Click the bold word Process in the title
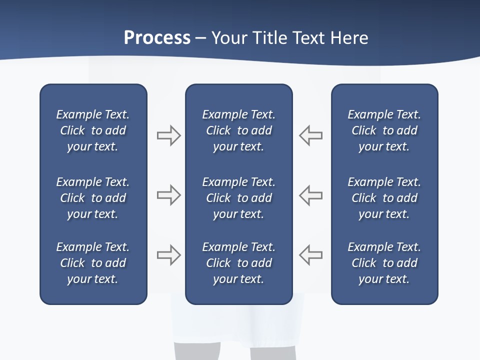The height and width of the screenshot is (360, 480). (157, 38)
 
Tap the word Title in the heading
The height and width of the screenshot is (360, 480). (268, 38)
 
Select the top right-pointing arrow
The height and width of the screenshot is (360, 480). (169, 135)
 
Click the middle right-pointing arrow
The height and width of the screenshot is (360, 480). (169, 195)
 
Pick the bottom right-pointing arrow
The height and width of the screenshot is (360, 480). (169, 255)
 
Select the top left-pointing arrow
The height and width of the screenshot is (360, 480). (310, 135)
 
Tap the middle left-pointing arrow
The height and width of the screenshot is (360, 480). (310, 195)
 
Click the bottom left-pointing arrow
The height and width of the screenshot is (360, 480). (310, 255)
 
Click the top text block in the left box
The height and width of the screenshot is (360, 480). (93, 130)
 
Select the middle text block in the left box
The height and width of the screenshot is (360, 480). (93, 198)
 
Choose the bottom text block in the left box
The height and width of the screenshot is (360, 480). (93, 263)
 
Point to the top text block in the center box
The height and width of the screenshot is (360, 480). (239, 130)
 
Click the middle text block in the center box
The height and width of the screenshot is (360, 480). (239, 198)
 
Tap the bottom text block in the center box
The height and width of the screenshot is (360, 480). (239, 263)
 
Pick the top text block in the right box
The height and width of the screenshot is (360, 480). (384, 130)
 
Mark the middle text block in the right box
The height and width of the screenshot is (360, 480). (384, 198)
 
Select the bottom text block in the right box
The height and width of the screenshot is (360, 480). (384, 263)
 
